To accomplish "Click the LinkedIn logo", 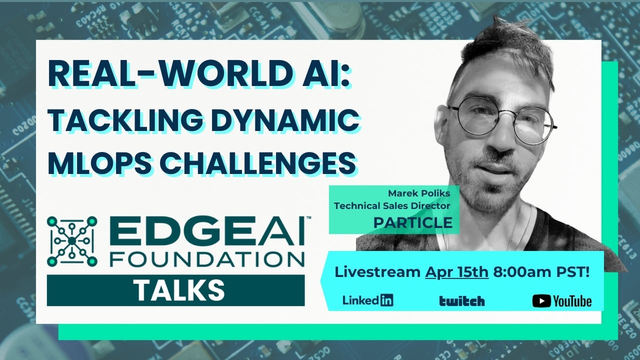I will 368,300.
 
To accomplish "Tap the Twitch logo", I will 462,300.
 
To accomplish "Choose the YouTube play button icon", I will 541,300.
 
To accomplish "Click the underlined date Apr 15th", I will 456,272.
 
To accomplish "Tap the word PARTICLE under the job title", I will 412,223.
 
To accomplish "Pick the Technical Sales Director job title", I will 392,205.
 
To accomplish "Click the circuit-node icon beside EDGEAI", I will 72,241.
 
